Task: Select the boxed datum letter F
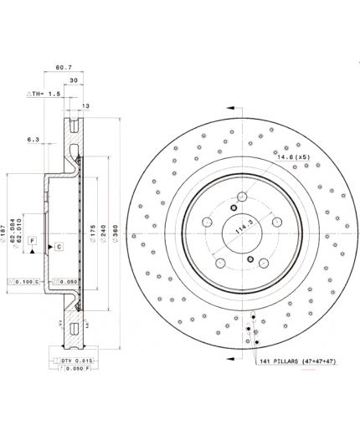point(33,241)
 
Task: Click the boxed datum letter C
point(59,247)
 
